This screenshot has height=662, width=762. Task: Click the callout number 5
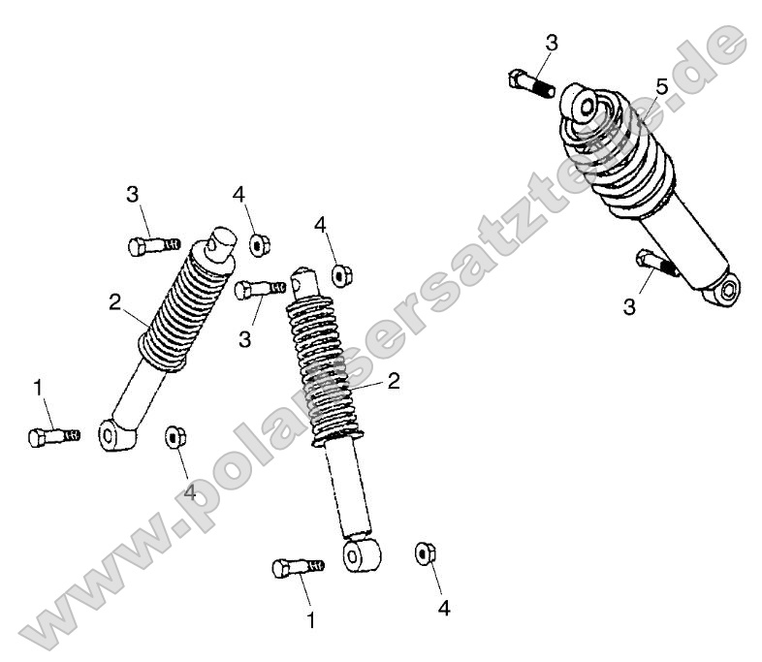[662, 88]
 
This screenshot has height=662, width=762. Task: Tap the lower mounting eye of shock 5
[726, 291]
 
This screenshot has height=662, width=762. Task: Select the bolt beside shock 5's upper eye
[531, 84]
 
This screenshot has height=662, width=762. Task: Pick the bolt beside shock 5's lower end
[657, 263]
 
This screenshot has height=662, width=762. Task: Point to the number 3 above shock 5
[552, 44]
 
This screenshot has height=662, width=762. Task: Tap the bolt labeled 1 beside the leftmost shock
[54, 437]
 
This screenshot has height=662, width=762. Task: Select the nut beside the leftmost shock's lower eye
[175, 437]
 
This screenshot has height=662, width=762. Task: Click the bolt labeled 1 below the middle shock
[299, 567]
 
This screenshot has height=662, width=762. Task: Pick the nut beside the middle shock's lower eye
[426, 553]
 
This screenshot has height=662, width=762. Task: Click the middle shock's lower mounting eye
[362, 554]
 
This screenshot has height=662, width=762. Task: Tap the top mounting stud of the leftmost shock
[222, 242]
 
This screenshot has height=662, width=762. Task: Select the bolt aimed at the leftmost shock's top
[154, 246]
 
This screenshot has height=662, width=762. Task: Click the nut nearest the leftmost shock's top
[260, 244]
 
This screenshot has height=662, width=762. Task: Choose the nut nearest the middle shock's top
[342, 275]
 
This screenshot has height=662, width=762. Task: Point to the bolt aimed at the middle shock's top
[260, 290]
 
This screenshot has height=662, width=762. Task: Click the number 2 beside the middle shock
[394, 382]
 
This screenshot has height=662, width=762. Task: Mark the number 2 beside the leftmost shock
[114, 303]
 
